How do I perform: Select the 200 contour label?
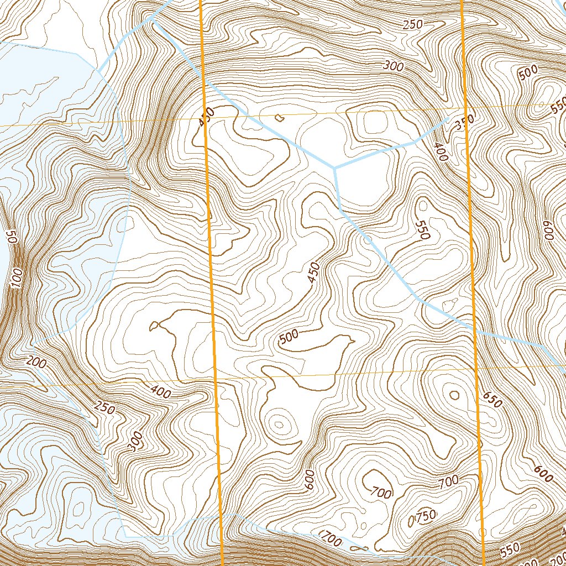tap(35, 363)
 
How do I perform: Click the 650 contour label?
tap(492, 400)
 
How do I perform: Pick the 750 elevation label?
tap(426, 515)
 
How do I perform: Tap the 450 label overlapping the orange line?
tap(205, 117)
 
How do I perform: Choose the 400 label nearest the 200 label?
tap(160, 393)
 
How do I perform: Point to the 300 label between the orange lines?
tap(393, 66)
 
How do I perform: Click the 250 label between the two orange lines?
tap(412, 24)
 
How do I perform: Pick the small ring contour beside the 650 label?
tap(454, 394)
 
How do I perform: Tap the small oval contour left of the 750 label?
tap(411, 521)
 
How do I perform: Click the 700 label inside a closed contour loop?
tap(381, 491)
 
